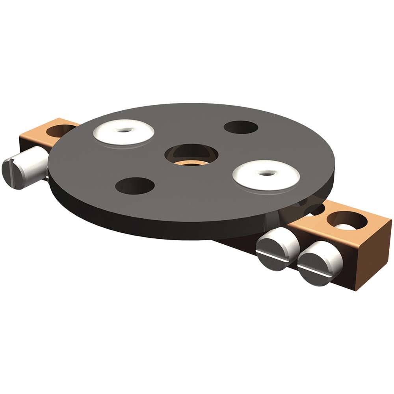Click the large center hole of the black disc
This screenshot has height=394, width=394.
(191, 153)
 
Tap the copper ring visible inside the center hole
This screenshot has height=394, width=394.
(191, 162)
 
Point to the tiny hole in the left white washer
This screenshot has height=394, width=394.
(125, 129)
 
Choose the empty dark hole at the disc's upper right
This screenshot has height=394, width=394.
(241, 127)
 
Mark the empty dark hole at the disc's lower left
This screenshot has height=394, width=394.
(135, 186)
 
